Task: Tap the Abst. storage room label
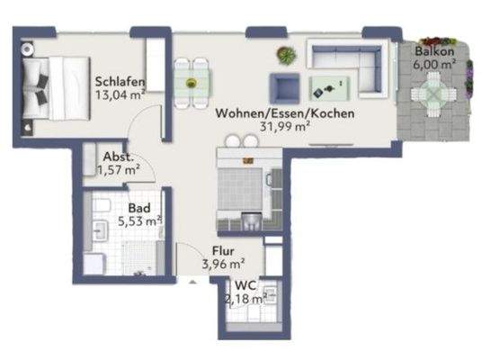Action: coord(118,155)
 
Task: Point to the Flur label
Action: coord(225,251)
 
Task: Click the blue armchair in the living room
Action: coord(286,86)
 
